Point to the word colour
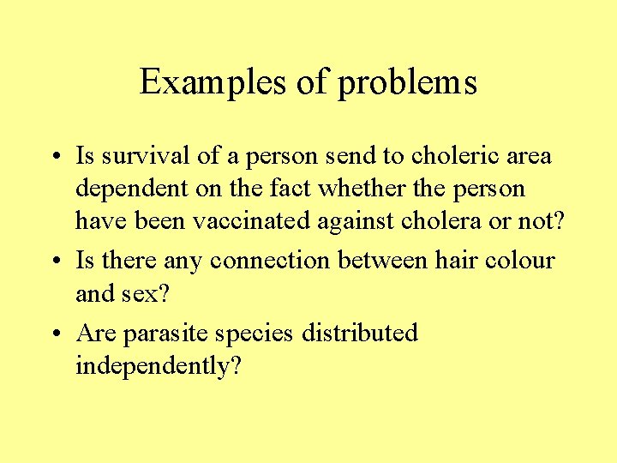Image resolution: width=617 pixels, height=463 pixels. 513,260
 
